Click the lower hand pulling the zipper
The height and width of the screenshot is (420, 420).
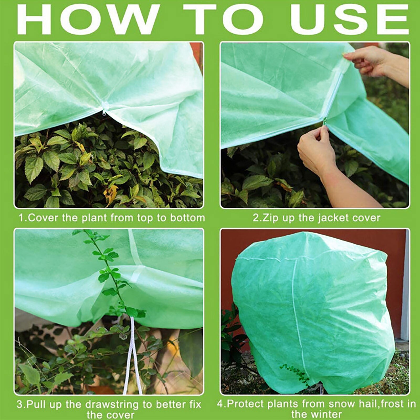click(x=315, y=150)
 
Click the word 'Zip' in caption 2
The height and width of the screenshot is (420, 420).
click(x=270, y=218)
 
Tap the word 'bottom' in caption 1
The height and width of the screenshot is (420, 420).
click(x=187, y=218)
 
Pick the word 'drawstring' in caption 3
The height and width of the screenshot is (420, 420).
click(x=113, y=405)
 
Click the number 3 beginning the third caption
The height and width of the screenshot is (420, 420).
click(x=19, y=405)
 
